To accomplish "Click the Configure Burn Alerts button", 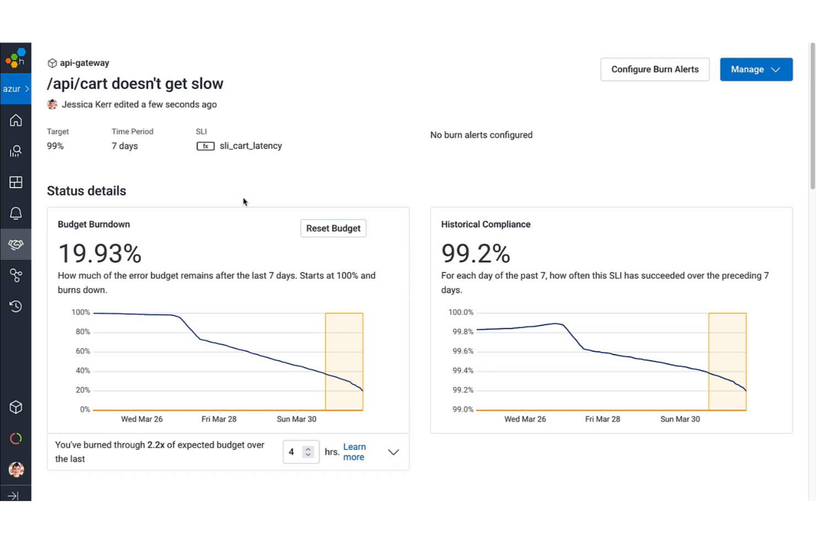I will click(654, 69).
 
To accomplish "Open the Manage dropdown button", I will click(755, 69).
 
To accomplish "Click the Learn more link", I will click(354, 452).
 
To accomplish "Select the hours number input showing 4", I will click(294, 452).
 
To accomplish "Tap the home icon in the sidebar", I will click(16, 120).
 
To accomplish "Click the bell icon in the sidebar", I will click(16, 213).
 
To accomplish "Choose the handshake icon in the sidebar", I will click(16, 244).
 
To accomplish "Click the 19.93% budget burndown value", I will click(100, 254).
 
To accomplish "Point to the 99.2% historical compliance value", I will click(475, 254).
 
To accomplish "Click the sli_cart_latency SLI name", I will click(250, 146).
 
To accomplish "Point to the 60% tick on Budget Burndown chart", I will click(83, 351).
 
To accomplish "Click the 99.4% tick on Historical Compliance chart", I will click(463, 370).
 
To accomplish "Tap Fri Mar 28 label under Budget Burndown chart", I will click(219, 419).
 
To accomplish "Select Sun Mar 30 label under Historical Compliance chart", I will click(680, 419).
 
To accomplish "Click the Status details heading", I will click(87, 191).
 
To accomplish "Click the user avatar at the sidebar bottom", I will click(16, 470).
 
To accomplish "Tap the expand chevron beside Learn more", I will click(393, 452).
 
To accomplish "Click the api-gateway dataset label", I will click(84, 63).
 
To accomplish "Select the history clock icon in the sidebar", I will click(16, 306).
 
